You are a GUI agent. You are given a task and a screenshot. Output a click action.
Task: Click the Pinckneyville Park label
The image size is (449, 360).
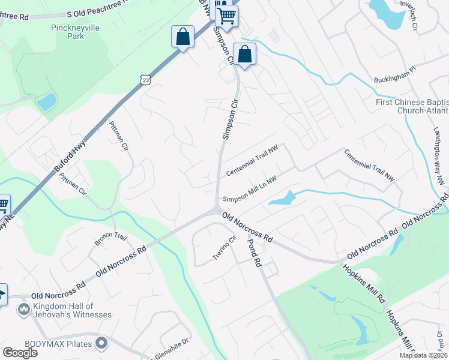click(59, 32)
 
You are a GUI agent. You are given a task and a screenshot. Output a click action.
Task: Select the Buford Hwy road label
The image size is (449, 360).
click(71, 155)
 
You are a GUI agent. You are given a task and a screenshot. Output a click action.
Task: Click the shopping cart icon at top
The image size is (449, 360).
click(226, 16)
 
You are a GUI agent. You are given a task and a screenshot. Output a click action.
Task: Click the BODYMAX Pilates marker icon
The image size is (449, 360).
click(101, 343)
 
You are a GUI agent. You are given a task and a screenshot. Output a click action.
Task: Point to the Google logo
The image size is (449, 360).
click(20, 353)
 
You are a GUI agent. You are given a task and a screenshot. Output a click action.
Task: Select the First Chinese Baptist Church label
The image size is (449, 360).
click(412, 106)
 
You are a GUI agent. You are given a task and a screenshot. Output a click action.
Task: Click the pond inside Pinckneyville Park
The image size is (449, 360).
click(47, 102)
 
